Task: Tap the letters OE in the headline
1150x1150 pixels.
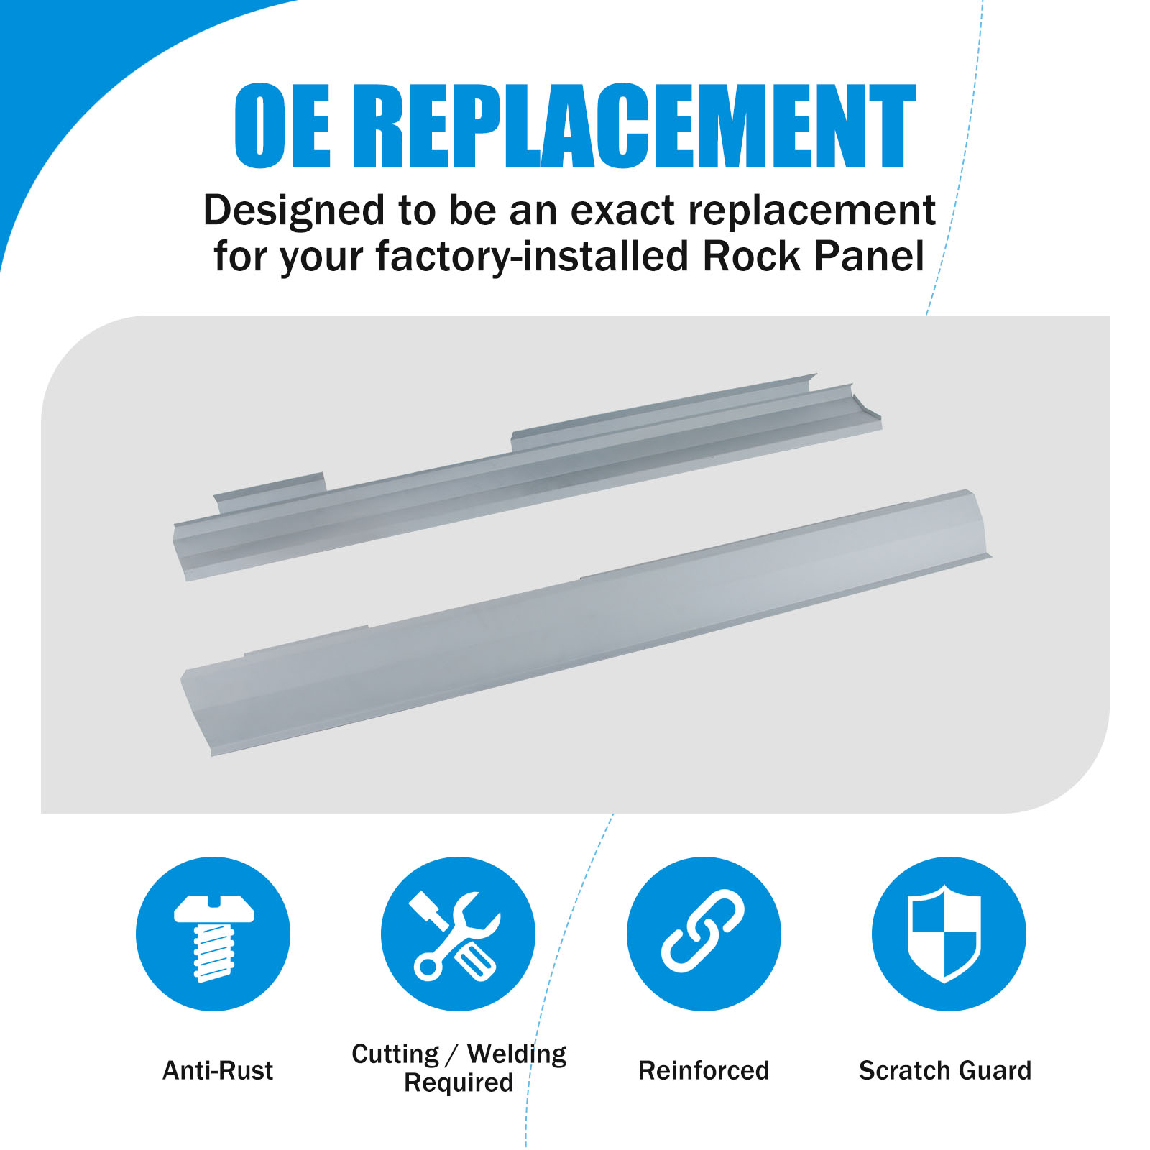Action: point(282,126)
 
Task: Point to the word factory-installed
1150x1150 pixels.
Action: point(533,257)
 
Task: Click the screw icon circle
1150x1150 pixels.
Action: point(213,934)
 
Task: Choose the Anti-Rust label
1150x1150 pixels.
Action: point(218,1070)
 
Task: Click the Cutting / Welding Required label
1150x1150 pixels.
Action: point(459,1068)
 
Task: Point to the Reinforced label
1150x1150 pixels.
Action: point(704,1070)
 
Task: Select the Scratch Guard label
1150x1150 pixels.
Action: point(945,1070)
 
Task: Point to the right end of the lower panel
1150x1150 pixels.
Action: point(977,525)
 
